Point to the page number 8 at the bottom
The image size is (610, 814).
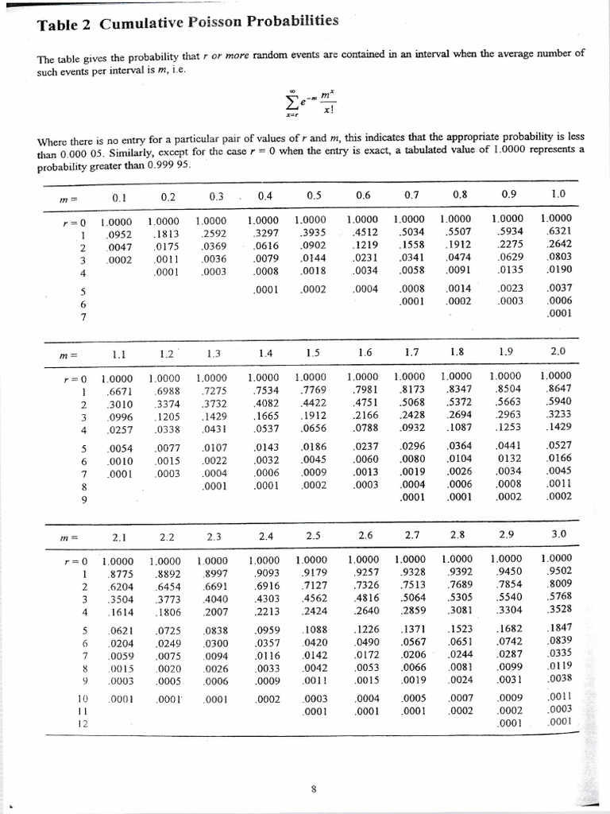pos(314,789)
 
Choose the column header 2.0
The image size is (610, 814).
pos(558,351)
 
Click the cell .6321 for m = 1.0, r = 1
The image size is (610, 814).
pos(558,231)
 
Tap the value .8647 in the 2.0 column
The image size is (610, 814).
pos(558,389)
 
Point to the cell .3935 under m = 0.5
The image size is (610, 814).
pos(310,233)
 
